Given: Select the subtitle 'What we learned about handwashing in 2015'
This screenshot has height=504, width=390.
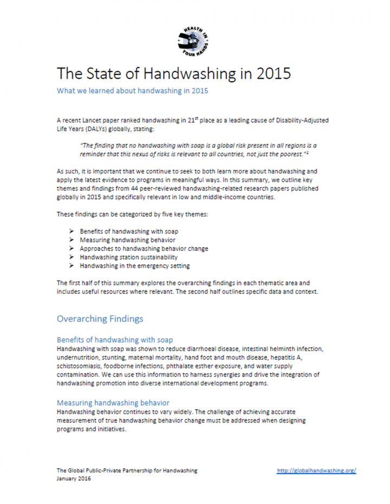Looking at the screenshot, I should tap(132, 91).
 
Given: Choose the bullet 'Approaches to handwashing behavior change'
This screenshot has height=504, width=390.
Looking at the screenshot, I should tap(144, 248).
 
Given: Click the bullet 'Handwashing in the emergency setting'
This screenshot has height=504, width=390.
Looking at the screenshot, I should tap(134, 266).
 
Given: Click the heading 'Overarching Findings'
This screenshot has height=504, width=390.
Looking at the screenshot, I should tap(100, 319).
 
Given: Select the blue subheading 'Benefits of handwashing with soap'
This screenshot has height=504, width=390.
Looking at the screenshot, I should tap(115, 340).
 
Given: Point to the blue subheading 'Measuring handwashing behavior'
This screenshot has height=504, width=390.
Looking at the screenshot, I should tap(113, 403).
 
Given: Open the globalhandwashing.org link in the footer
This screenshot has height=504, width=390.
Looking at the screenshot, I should tap(316, 471).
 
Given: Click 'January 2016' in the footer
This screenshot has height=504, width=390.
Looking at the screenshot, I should tap(75, 480).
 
